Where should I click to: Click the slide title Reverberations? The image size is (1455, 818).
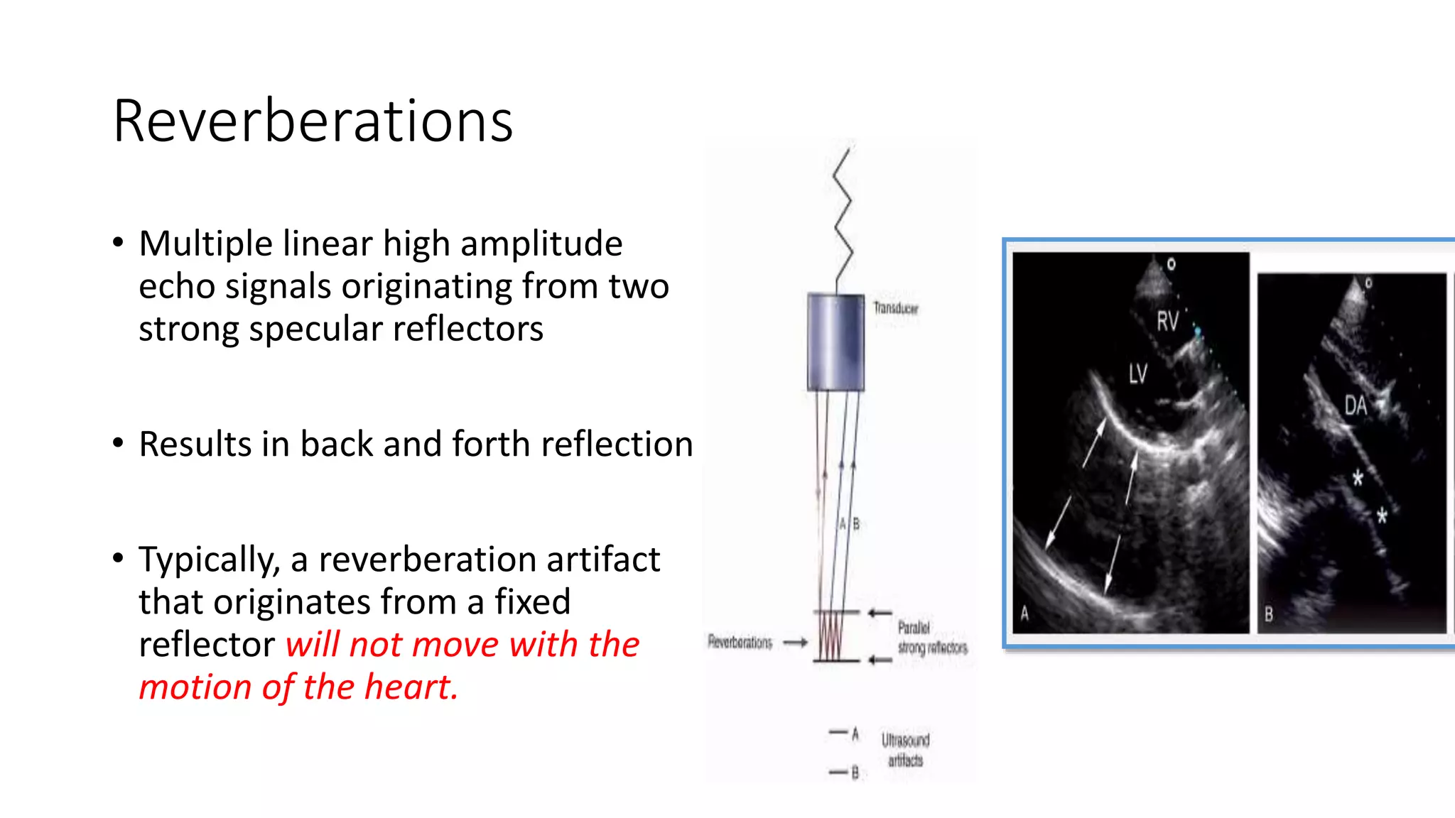[313, 121]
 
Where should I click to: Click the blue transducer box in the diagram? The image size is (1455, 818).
[835, 342]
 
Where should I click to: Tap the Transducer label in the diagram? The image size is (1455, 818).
[895, 308]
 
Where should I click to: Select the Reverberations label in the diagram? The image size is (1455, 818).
[740, 643]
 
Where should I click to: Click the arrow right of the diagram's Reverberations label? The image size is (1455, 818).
[795, 643]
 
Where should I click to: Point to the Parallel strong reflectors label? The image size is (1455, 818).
[931, 638]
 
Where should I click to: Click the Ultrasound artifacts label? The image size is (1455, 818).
[905, 751]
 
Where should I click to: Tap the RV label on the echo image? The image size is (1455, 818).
[1167, 321]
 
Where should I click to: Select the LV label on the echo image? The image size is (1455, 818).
[1137, 373]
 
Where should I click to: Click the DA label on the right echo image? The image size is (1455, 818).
[1356, 406]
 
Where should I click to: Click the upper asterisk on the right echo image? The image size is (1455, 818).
[1358, 477]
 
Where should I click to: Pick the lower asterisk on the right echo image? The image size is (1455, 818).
[1382, 515]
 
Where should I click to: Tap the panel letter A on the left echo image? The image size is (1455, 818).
[1024, 613]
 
